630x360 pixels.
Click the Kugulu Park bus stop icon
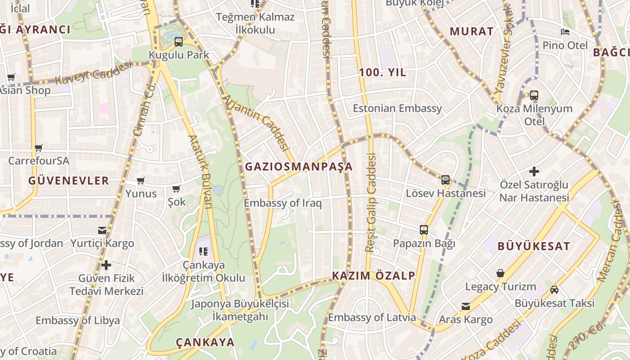click(x=179, y=42)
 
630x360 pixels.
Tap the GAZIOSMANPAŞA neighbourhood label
click(x=299, y=166)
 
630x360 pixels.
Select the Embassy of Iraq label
click(x=283, y=203)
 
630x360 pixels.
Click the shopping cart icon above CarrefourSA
click(x=39, y=148)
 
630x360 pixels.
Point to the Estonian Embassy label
click(x=397, y=108)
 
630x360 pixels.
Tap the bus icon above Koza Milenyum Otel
click(x=534, y=95)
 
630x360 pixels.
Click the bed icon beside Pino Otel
click(x=566, y=32)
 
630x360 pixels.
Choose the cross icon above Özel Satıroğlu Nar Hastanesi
click(x=534, y=171)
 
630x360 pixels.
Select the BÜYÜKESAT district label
click(x=534, y=247)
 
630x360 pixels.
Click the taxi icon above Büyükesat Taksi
click(x=554, y=290)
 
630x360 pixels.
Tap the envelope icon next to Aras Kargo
click(x=466, y=306)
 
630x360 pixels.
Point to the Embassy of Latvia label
click(x=372, y=318)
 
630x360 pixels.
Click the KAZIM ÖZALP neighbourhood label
click(x=373, y=276)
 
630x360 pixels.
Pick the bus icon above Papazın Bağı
click(x=424, y=230)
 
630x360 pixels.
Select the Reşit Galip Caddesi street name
click(x=371, y=202)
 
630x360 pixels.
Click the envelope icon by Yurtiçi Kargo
click(x=102, y=230)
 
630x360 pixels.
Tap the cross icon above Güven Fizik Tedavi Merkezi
click(x=106, y=265)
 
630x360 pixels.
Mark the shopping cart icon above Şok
click(x=176, y=189)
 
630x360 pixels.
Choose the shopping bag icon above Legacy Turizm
click(x=500, y=273)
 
